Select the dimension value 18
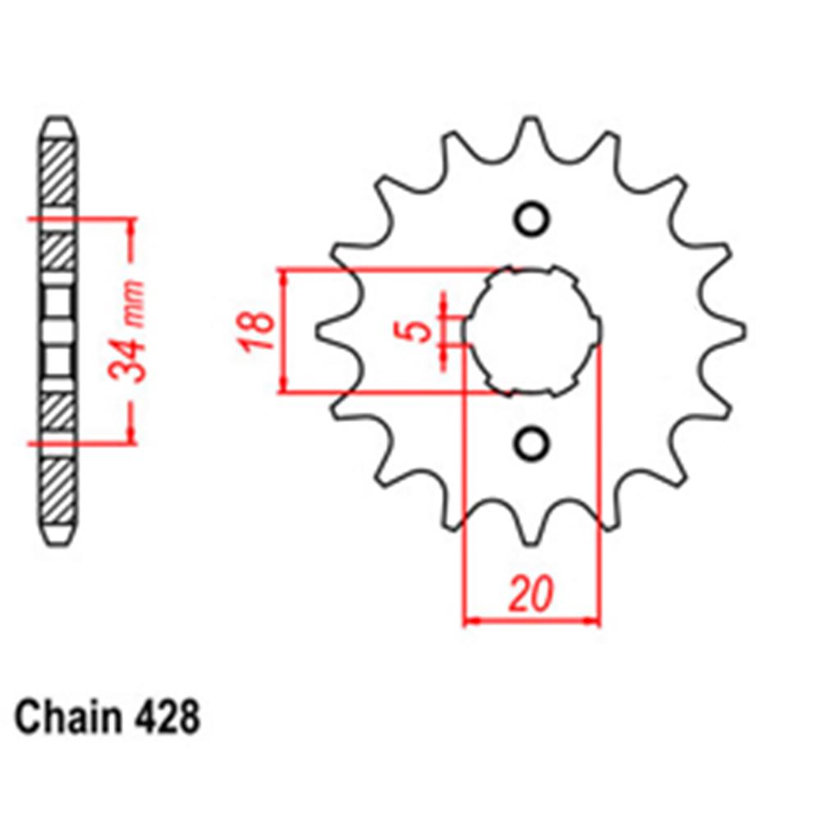(x=258, y=331)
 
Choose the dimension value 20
(x=530, y=594)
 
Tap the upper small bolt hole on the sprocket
(x=530, y=218)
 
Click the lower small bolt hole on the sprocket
(x=530, y=443)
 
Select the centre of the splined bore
(x=530, y=331)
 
